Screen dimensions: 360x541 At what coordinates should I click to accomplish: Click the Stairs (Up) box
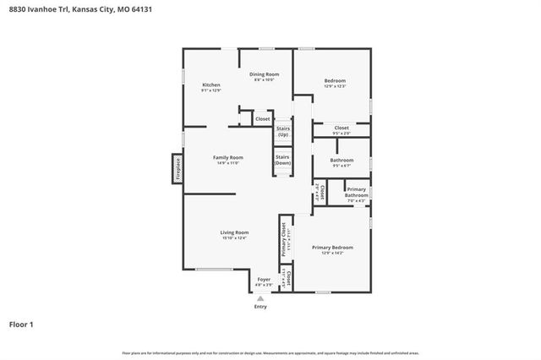point(283,132)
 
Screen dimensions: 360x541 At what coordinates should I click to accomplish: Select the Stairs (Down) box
point(283,160)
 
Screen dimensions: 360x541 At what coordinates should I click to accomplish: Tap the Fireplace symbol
point(178,167)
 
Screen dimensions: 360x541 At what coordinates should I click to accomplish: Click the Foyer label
point(264,281)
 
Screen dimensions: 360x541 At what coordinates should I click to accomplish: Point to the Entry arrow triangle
point(260,298)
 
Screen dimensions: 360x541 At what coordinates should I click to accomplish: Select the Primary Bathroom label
point(356,194)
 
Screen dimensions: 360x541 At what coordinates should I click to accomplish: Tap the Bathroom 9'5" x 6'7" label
point(342,162)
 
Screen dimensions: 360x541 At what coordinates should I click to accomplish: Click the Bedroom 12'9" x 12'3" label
point(335,83)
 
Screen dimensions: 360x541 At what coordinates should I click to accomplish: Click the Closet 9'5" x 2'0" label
point(342,130)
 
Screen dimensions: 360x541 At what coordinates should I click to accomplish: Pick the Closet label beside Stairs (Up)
point(263,119)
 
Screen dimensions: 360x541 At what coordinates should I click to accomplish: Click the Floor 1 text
point(22,324)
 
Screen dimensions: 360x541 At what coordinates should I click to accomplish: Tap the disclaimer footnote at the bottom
point(270,352)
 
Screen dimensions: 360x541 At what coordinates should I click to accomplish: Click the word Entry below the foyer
point(260,307)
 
